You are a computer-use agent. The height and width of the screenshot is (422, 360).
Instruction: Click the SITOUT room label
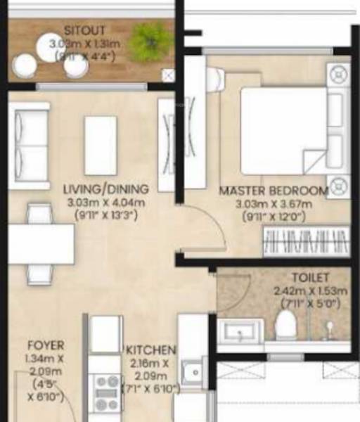tap(85, 31)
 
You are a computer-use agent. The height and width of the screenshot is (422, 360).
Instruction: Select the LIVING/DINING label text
tap(105, 189)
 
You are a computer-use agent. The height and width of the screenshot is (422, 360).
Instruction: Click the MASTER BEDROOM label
tap(274, 191)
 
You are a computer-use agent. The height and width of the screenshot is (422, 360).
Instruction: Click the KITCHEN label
tap(150, 350)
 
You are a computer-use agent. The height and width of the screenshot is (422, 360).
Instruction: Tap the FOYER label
tap(46, 345)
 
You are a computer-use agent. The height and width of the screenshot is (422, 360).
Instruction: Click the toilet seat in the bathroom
tap(285, 325)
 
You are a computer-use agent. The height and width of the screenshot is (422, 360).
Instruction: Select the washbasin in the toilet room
tap(240, 331)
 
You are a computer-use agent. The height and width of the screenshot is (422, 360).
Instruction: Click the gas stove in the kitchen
tap(107, 390)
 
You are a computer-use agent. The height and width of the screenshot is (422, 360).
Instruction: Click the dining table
tap(41, 244)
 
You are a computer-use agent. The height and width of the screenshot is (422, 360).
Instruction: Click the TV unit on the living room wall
tap(167, 144)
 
